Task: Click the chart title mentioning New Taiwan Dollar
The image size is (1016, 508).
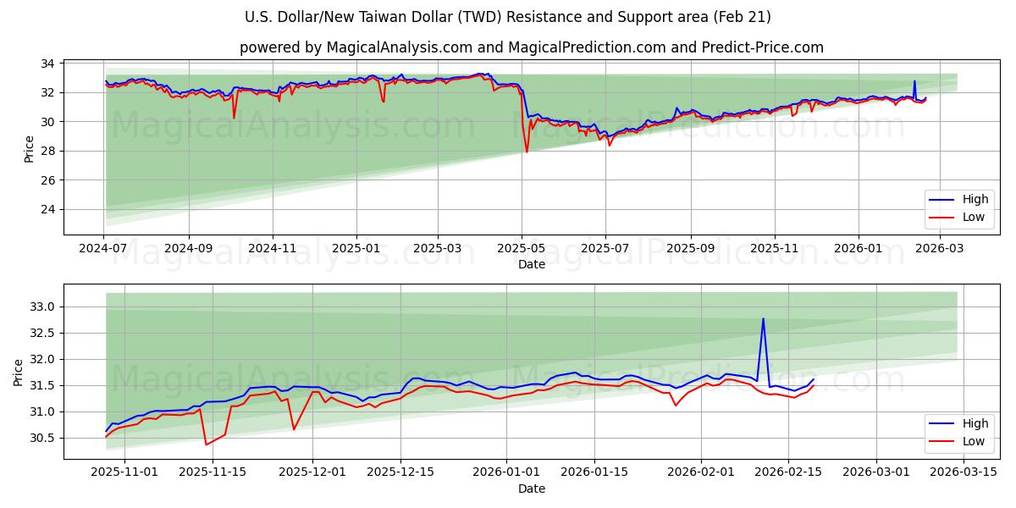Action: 507,17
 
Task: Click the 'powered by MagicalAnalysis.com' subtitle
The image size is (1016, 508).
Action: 531,47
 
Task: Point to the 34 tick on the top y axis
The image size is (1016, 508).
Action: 47,63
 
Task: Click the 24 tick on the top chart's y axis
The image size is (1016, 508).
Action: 47,209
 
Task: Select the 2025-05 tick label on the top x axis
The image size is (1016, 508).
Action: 522,249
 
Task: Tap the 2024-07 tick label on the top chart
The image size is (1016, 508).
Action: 104,249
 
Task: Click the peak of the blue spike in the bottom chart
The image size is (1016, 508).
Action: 763,319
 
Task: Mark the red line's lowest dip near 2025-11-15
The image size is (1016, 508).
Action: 206,444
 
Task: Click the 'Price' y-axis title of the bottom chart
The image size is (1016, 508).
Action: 19,372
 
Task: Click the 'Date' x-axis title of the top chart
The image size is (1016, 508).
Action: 531,265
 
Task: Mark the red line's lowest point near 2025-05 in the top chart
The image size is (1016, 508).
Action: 527,152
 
